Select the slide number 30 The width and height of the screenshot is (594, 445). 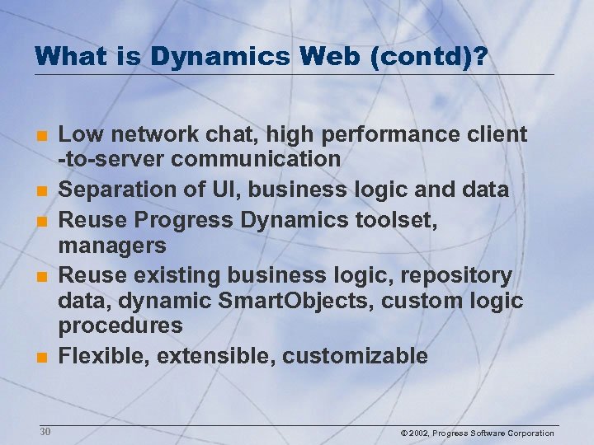(45, 432)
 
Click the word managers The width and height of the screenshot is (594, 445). (112, 245)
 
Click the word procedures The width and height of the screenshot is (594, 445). (120, 326)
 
